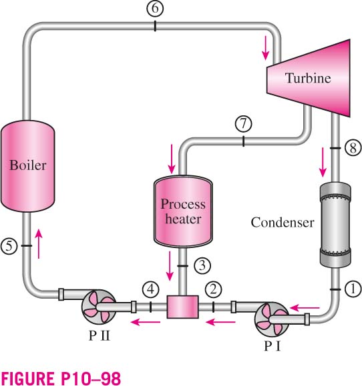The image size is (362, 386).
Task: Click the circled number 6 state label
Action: click(155, 8)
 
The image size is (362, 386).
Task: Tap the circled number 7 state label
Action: click(243, 123)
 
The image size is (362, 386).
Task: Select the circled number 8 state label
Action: click(353, 148)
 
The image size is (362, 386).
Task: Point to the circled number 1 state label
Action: click(353, 289)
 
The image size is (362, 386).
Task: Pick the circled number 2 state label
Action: click(213, 289)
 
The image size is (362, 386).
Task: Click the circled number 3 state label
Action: click(202, 265)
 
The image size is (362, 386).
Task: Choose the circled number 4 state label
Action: click(151, 289)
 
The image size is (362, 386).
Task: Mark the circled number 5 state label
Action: click(9, 246)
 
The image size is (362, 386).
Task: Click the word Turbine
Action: click(308, 78)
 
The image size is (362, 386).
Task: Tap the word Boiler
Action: click(28, 165)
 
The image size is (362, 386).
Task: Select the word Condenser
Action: click(283, 222)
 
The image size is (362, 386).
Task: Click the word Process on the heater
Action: click(183, 204)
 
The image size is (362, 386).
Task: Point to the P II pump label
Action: click(99, 335)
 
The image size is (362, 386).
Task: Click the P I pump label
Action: click(273, 346)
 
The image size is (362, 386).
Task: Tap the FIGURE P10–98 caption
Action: click(61, 378)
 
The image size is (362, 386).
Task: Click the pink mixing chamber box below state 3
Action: click(183, 307)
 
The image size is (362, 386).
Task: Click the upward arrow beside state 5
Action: click(39, 244)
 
